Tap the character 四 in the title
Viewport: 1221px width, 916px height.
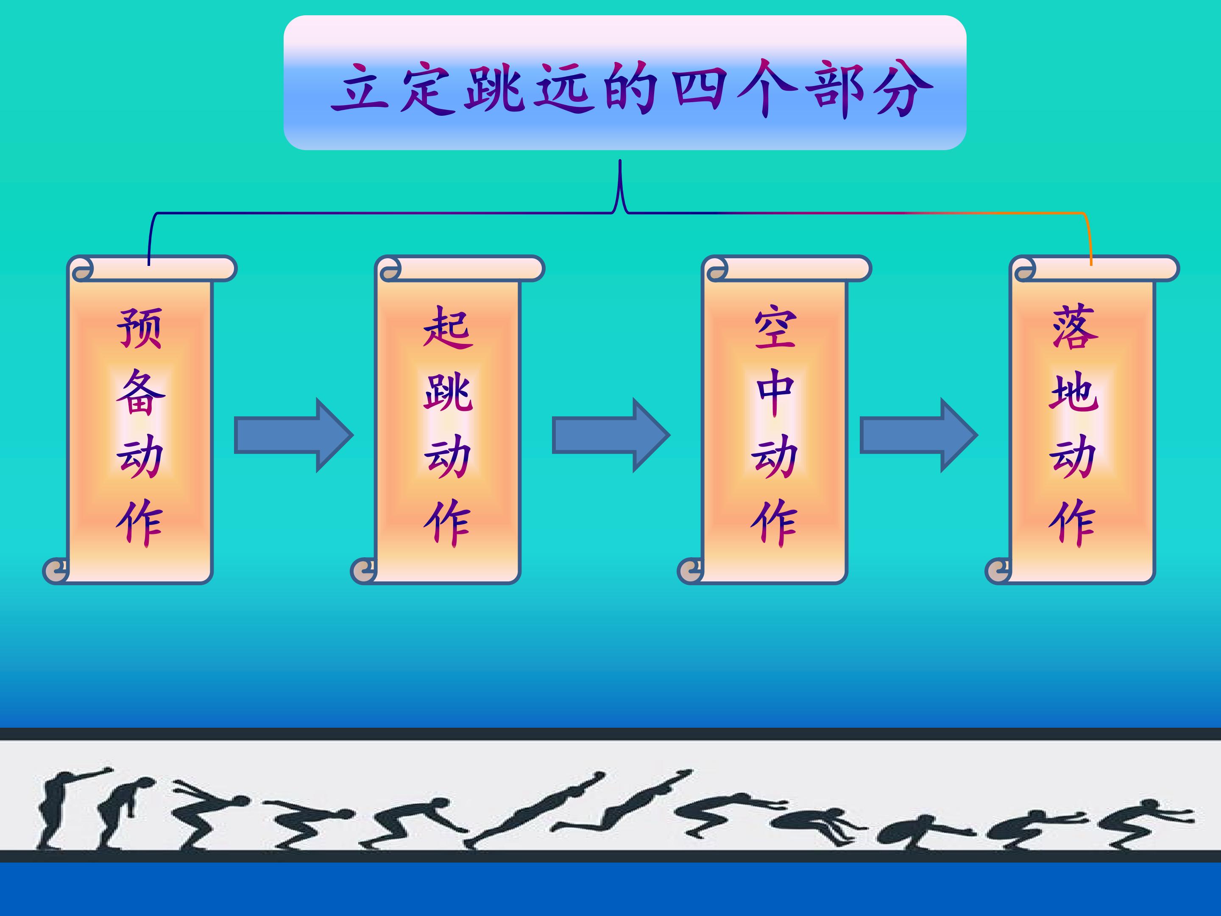(x=699, y=88)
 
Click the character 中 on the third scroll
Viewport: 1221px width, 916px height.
(x=775, y=392)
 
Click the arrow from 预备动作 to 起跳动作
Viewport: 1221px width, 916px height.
(x=294, y=435)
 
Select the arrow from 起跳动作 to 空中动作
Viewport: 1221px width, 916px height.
(x=611, y=435)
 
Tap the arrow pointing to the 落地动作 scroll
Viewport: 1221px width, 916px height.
(x=919, y=435)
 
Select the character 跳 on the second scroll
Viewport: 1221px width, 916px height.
(x=448, y=392)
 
